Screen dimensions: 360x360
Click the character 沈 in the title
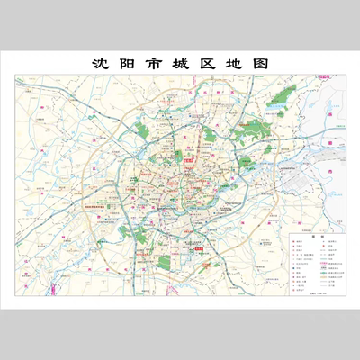(101, 65)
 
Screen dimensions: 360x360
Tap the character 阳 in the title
(128, 65)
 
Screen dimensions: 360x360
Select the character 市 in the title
(155, 65)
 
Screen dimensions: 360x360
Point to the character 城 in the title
(181, 65)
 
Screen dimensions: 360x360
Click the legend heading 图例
(305, 239)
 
